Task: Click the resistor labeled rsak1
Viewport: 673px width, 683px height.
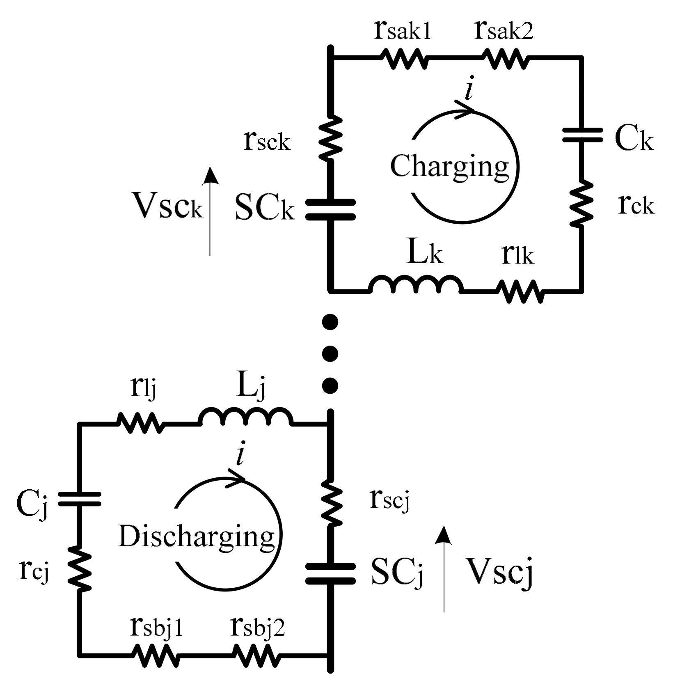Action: point(403,59)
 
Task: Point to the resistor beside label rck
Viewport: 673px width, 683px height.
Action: point(582,203)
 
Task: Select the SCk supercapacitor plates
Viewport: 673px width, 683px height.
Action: point(331,209)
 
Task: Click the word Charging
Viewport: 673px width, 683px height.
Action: point(449,166)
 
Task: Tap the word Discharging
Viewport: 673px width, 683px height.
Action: point(196,536)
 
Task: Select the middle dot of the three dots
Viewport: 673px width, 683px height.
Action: point(330,353)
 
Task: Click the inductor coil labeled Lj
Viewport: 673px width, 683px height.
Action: point(245,418)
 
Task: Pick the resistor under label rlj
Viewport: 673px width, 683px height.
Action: point(140,423)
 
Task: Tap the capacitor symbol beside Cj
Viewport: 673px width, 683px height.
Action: point(79,499)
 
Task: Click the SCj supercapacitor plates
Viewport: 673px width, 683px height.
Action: point(331,573)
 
